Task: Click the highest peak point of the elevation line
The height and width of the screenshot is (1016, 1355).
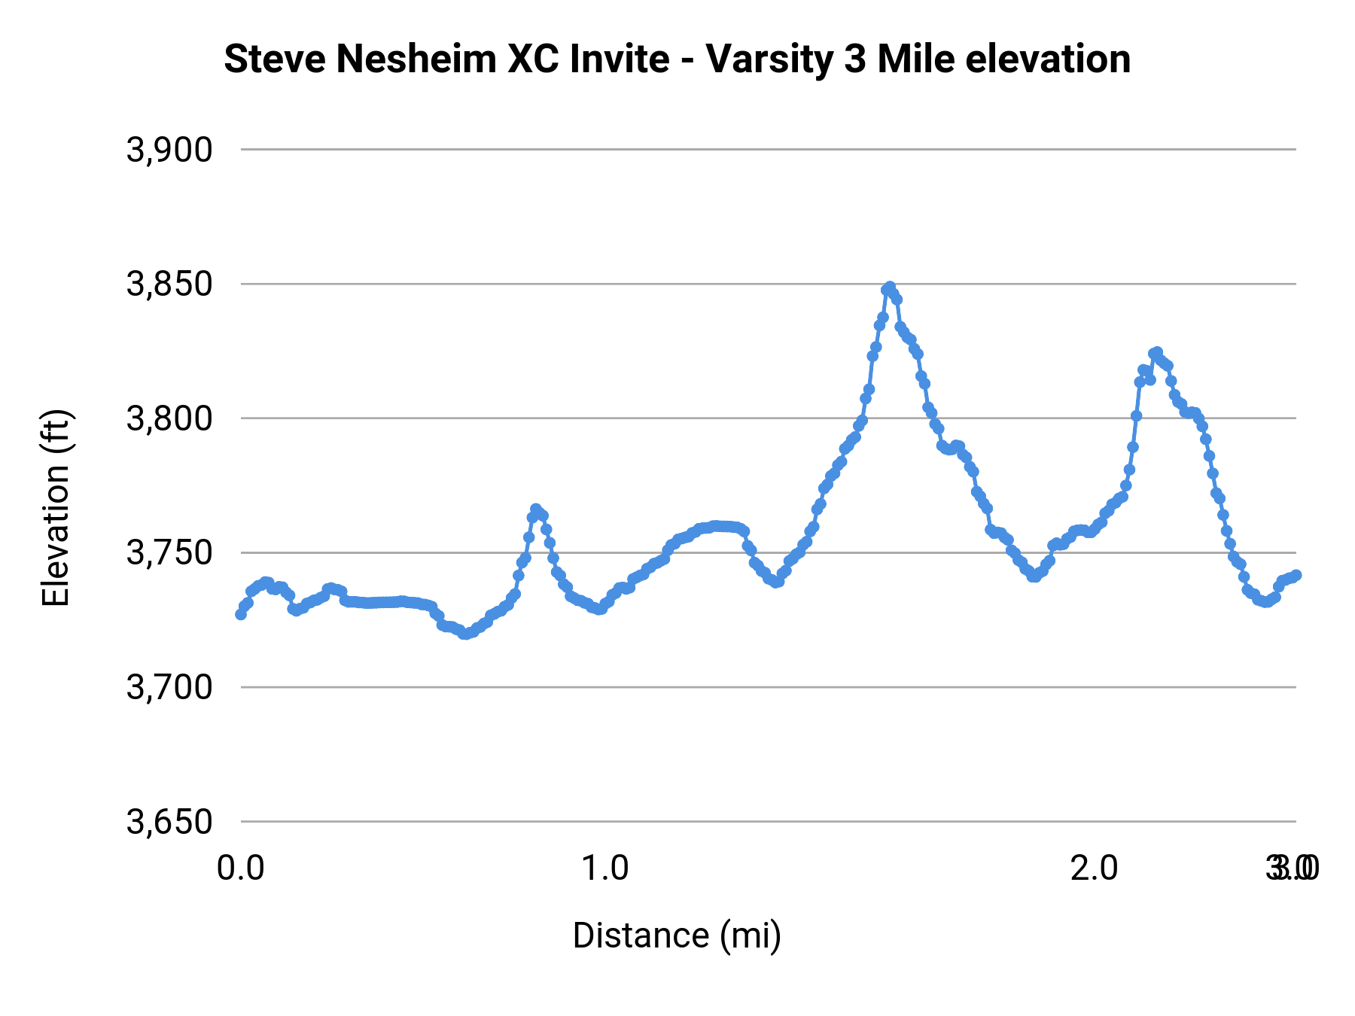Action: (x=890, y=287)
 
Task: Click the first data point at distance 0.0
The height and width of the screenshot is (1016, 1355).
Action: (x=241, y=614)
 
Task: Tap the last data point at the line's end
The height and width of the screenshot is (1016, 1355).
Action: (x=1296, y=575)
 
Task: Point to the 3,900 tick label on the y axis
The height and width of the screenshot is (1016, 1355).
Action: (x=169, y=151)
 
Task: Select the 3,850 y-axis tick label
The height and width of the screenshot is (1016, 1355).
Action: (x=169, y=284)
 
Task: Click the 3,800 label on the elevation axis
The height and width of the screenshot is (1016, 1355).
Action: (x=169, y=418)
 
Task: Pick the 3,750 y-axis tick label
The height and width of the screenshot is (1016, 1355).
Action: (x=169, y=553)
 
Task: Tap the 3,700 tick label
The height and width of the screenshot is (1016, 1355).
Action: (x=169, y=687)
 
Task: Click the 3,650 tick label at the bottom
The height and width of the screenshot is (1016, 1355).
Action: (x=169, y=822)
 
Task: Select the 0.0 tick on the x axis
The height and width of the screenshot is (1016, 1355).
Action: (x=241, y=868)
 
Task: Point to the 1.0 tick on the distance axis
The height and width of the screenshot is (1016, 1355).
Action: (x=605, y=868)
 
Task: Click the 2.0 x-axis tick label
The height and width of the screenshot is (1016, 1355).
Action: (x=1094, y=868)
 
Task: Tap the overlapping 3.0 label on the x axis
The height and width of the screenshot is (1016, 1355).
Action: (x=1293, y=868)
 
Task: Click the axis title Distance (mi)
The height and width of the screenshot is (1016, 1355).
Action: (x=677, y=935)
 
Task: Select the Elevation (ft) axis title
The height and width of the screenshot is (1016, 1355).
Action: (x=56, y=508)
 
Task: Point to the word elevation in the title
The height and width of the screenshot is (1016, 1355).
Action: (x=1048, y=59)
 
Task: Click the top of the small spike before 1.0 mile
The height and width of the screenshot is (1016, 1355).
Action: (x=536, y=510)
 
